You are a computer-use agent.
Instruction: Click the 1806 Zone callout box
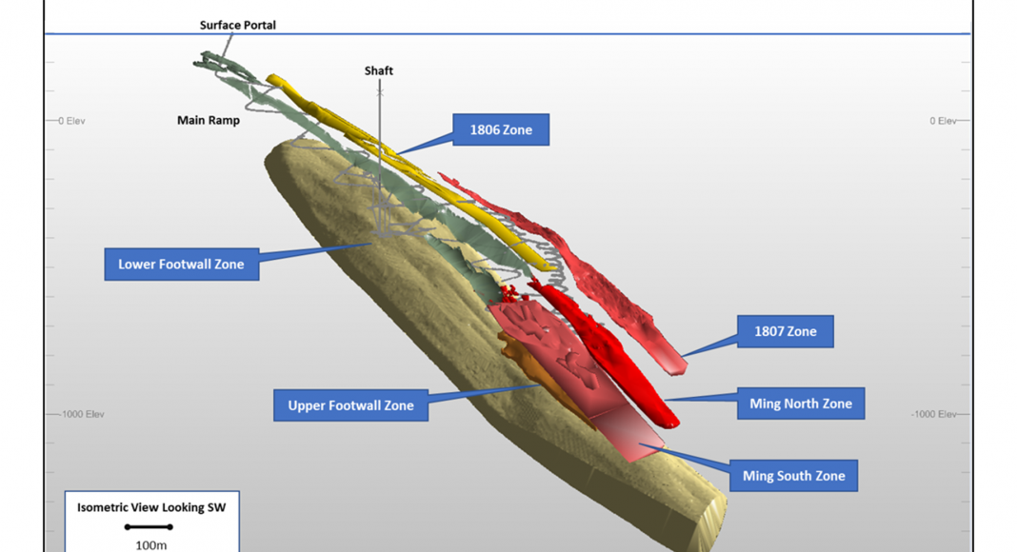click(502, 129)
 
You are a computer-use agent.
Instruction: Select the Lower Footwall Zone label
click(181, 264)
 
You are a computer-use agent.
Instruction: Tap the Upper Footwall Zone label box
click(350, 405)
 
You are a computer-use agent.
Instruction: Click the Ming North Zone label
click(800, 404)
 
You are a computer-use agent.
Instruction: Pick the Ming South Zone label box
click(793, 475)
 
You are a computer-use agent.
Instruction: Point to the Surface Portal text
click(238, 25)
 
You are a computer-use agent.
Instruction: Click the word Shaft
click(378, 70)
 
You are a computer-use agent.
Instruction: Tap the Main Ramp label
click(209, 121)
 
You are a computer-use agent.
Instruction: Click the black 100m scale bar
click(149, 526)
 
